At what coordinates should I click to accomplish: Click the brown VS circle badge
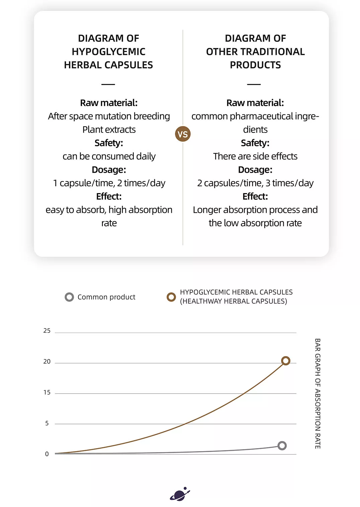click(x=183, y=134)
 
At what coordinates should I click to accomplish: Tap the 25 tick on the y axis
click(x=47, y=331)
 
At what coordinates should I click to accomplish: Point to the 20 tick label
click(x=47, y=361)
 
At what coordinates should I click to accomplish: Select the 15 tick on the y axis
click(x=47, y=392)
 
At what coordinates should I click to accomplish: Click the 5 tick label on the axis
click(x=47, y=423)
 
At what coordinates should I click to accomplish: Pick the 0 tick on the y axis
click(x=47, y=454)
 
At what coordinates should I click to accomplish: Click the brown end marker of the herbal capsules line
click(x=285, y=360)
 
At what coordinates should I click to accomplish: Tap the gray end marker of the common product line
click(x=282, y=446)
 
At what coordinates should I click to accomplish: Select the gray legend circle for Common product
click(x=69, y=297)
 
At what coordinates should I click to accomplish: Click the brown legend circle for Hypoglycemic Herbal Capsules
click(x=171, y=297)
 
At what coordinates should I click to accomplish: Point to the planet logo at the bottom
click(x=180, y=494)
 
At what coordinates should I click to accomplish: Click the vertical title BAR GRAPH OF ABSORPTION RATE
click(x=318, y=394)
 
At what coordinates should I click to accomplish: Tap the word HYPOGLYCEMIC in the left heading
click(x=108, y=52)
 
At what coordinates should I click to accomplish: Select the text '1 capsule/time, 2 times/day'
click(x=109, y=183)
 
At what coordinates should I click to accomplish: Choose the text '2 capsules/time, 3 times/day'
click(x=255, y=183)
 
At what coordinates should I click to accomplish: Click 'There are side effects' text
click(x=255, y=156)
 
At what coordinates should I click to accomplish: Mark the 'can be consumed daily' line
click(x=109, y=156)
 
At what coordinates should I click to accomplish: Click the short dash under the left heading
click(x=108, y=84)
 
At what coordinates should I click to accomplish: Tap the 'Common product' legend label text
click(x=106, y=297)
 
